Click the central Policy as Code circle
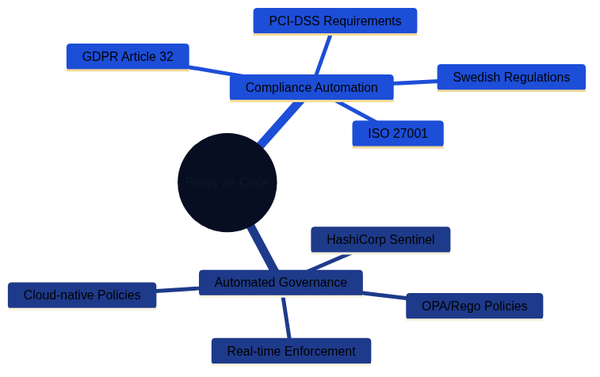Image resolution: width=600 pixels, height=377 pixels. click(227, 182)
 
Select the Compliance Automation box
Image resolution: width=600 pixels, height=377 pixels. click(311, 88)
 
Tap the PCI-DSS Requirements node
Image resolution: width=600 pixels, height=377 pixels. click(334, 21)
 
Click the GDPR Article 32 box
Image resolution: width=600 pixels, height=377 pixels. click(127, 57)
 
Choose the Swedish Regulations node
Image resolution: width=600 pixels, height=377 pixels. click(511, 78)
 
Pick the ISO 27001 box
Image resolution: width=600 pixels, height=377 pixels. click(397, 134)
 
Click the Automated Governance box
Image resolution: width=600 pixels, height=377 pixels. click(281, 283)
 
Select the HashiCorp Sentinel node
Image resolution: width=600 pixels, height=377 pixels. click(380, 240)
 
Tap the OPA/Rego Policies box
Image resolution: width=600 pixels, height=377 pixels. click(474, 307)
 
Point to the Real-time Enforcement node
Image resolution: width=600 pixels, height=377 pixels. click(291, 351)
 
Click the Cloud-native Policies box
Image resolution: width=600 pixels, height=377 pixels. click(82, 295)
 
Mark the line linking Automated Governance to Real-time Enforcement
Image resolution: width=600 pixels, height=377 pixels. click(286, 318)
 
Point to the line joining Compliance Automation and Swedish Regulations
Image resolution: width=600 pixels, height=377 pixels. click(415, 82)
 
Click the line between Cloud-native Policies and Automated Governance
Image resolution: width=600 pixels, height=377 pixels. click(178, 290)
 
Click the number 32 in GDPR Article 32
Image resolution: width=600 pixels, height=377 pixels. click(166, 57)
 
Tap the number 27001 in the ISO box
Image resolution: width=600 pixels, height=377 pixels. click(410, 134)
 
